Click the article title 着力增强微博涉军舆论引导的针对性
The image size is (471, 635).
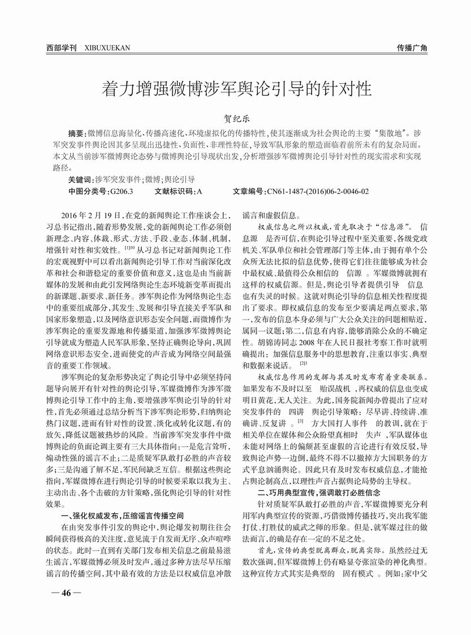(235, 88)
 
